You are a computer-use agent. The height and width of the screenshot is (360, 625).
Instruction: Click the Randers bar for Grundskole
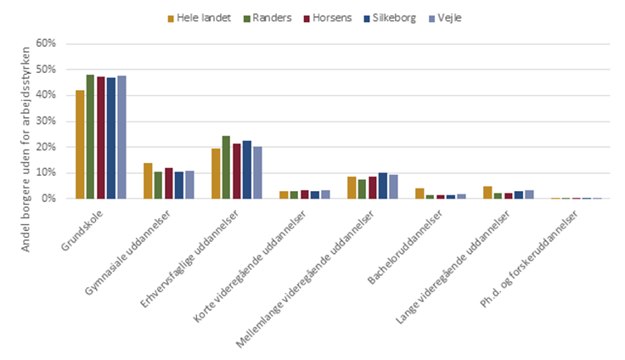[90, 137]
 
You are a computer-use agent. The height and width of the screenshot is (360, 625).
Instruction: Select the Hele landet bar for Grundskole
[80, 144]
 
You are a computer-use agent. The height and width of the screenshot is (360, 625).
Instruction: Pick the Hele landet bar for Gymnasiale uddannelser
[148, 181]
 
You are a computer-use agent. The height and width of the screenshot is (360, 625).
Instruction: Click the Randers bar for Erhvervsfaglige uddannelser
[226, 167]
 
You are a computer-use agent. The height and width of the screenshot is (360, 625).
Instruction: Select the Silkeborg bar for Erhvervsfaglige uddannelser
[247, 170]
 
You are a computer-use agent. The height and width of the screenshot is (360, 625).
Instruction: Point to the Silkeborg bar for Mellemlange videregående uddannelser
[383, 186]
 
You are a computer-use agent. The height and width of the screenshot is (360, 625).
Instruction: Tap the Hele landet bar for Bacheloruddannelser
[419, 194]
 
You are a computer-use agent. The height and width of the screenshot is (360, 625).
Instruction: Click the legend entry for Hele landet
[201, 17]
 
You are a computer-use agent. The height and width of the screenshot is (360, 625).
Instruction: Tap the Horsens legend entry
[327, 17]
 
